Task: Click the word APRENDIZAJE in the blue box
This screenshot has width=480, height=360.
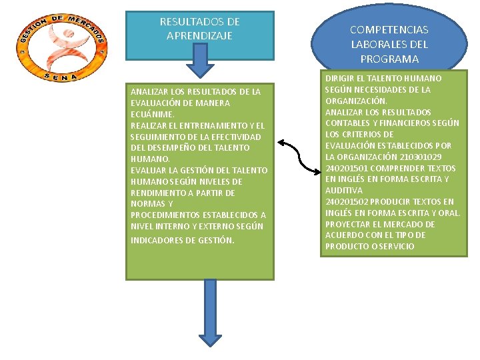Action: [199, 35]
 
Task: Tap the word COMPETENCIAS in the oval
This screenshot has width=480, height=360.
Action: [389, 30]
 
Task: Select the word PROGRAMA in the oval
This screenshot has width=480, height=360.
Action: [389, 59]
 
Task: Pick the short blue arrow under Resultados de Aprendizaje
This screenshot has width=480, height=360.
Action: [199, 61]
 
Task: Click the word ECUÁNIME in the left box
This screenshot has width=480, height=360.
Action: [152, 114]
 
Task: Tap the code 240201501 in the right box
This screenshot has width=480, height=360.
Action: [347, 168]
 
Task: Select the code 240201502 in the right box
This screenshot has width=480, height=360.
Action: [347, 201]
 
